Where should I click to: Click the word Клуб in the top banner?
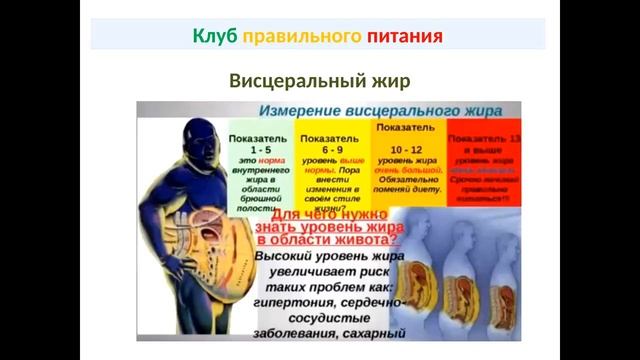point(214,37)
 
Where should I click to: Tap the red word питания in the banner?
point(403,37)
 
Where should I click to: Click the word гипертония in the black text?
point(300,299)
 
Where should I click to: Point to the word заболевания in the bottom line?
point(303,333)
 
